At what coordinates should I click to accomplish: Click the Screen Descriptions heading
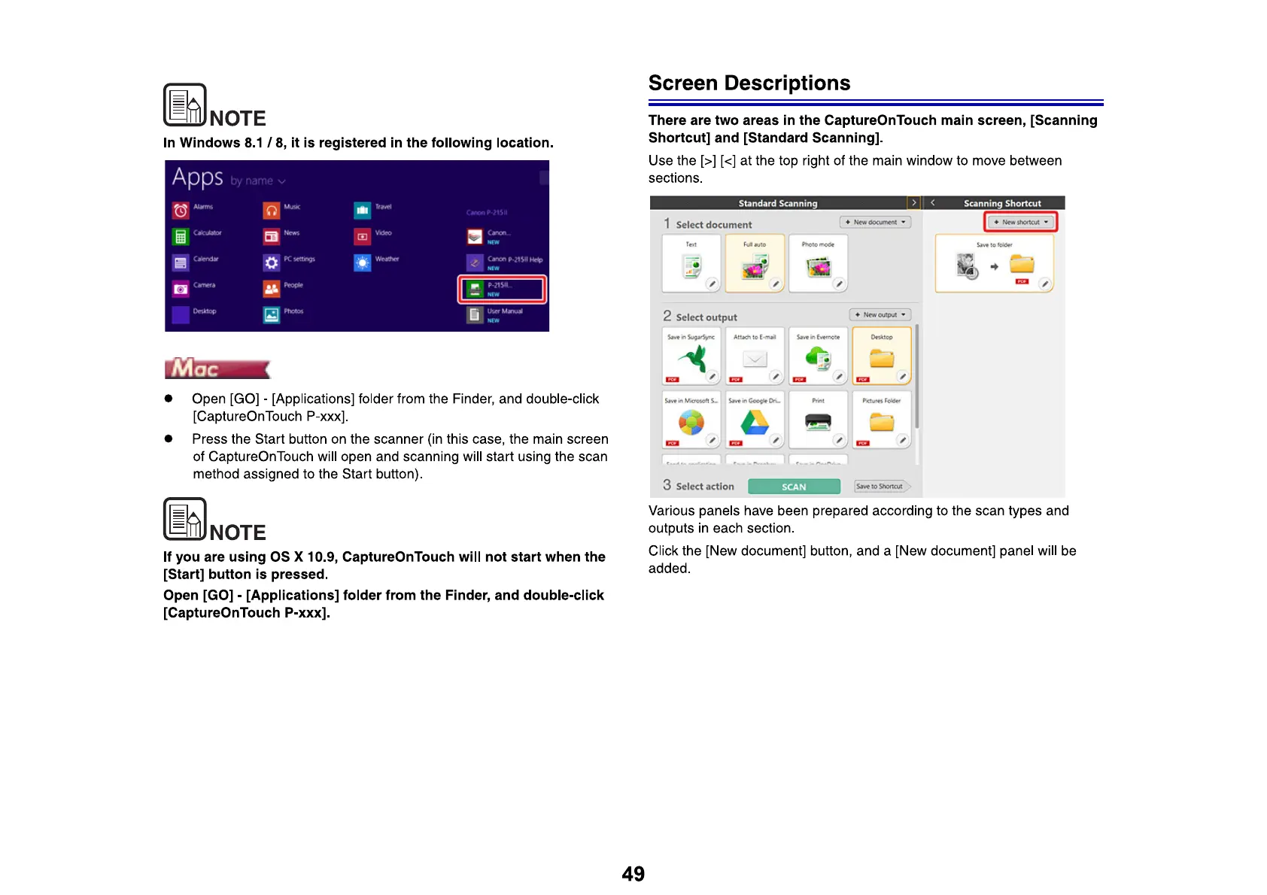tap(749, 83)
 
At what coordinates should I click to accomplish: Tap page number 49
tap(633, 873)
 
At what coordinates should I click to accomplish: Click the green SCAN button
tap(794, 487)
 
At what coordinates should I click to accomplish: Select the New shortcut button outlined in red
tap(1021, 222)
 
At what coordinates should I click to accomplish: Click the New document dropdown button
tap(875, 222)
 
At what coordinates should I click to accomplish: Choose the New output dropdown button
tap(880, 314)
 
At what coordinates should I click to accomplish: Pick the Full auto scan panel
tap(755, 263)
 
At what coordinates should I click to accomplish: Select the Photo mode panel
tap(818, 263)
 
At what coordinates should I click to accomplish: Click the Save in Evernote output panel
tap(818, 356)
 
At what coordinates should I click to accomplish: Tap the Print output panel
tap(818, 419)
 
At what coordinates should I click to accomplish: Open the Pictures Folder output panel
tap(882, 419)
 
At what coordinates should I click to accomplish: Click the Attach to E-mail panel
tap(755, 356)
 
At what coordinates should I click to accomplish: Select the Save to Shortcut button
tap(880, 487)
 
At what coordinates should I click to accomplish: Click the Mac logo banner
tap(217, 369)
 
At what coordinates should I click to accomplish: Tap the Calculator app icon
tap(181, 237)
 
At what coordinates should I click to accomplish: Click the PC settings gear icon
tap(272, 262)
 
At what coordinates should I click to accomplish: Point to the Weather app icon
tap(363, 262)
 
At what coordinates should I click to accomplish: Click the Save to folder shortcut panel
tap(994, 263)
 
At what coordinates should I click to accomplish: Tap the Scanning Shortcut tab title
tap(1002, 203)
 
